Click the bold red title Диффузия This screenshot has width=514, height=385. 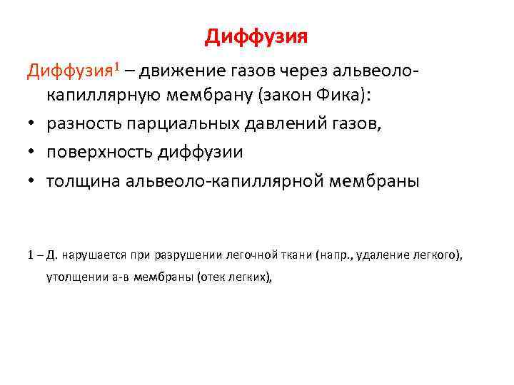[x=256, y=36]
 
